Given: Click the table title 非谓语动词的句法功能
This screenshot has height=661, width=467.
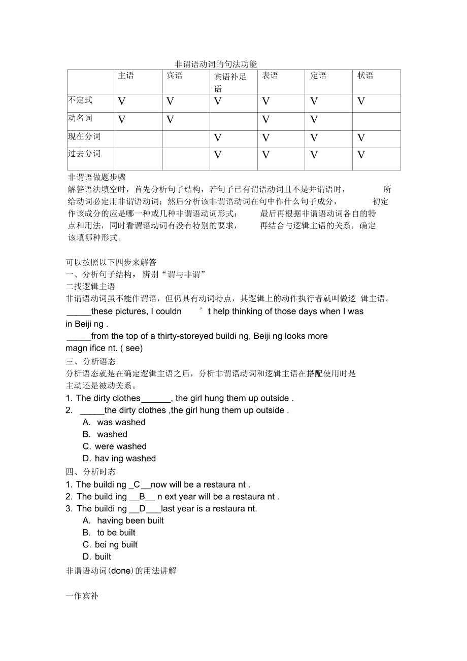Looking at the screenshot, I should (216, 64).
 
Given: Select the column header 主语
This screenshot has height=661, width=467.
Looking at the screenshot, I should (126, 76).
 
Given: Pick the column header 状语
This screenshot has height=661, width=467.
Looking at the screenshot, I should (365, 76).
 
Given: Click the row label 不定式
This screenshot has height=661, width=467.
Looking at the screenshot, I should (81, 100).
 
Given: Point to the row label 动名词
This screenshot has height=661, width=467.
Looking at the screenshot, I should (81, 118).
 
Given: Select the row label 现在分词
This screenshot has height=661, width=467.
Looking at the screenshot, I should (84, 136).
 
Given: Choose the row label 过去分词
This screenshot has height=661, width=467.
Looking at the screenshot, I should (84, 154).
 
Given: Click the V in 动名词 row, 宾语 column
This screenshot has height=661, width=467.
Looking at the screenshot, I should (170, 120).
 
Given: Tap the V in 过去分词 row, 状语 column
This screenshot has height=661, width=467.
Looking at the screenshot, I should (361, 155).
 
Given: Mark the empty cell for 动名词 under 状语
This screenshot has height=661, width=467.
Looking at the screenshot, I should (376, 121).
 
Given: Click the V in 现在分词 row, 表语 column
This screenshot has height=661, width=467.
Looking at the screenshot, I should (265, 138).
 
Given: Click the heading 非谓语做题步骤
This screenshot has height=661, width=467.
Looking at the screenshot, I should (96, 177).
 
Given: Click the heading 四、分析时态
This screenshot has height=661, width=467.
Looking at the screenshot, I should (91, 472).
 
